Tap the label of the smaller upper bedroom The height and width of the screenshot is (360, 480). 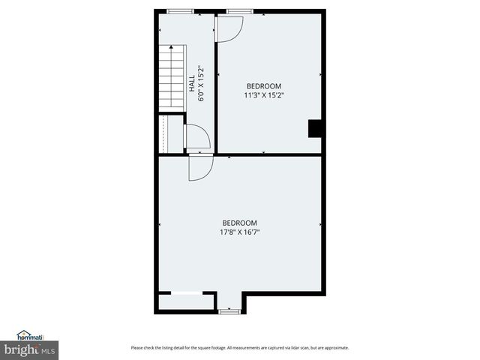pos(264,86)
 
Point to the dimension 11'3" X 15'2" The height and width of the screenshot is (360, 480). pos(264,95)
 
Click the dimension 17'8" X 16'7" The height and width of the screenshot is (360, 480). pos(240,232)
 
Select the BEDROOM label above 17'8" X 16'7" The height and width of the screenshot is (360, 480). pos(240,223)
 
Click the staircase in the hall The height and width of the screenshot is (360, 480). pos(171,78)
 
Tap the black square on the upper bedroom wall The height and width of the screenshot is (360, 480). pos(316,129)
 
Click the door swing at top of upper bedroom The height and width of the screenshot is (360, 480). pos(229,28)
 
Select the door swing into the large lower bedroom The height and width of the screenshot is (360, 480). pos(199,168)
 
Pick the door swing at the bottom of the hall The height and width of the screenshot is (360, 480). pos(196,136)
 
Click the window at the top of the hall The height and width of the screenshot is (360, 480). pos(179,11)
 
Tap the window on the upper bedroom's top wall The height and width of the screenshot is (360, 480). pos(239,11)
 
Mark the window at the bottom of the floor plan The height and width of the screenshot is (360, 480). pos(230,310)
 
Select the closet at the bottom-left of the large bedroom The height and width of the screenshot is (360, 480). pos(185,302)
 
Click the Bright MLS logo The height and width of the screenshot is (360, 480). pos(29,350)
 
